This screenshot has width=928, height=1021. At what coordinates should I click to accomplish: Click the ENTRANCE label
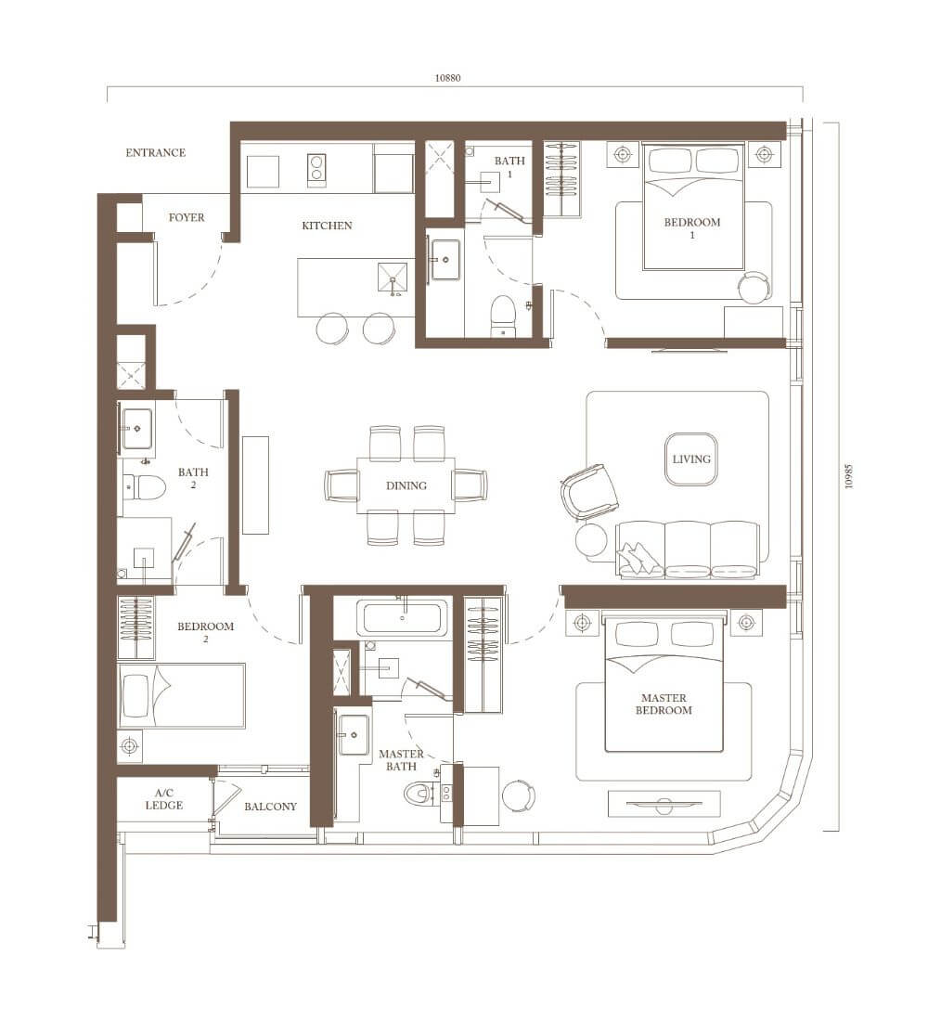[x=156, y=152]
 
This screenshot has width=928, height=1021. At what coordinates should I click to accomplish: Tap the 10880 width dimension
[x=447, y=78]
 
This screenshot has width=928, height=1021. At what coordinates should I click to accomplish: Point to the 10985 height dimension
[x=848, y=477]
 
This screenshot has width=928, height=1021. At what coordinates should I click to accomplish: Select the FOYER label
[x=187, y=217]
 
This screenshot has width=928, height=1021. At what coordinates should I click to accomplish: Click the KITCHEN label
[x=327, y=226]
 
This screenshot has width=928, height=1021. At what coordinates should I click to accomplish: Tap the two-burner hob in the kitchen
[x=316, y=171]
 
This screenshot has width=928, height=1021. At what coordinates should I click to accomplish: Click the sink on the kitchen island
[x=393, y=278]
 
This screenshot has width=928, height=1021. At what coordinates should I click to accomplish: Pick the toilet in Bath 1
[x=502, y=317]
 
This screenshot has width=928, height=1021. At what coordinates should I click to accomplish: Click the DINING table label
[x=406, y=485]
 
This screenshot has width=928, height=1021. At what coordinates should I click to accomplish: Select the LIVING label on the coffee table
[x=691, y=459]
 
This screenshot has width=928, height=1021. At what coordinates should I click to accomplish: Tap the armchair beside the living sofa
[x=589, y=492]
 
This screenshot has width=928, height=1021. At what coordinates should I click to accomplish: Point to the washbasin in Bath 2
[x=136, y=429]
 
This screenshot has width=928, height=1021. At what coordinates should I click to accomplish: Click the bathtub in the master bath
[x=403, y=617]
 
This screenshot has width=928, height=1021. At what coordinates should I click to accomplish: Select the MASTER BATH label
[x=401, y=760]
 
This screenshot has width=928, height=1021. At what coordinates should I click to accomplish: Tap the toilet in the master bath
[x=422, y=793]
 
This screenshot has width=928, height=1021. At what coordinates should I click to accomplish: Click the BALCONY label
[x=270, y=806]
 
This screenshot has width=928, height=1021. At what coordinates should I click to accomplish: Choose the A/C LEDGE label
[x=164, y=799]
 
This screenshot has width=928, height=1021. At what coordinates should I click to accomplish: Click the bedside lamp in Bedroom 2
[x=130, y=745]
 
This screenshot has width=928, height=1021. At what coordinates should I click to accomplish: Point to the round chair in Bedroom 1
[x=754, y=287]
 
